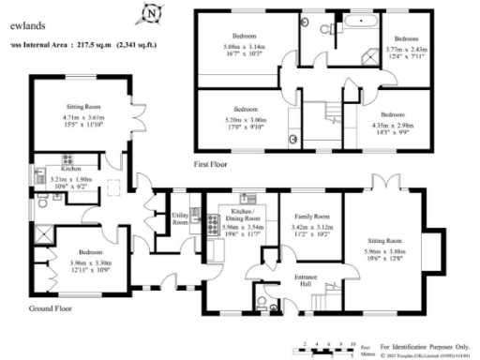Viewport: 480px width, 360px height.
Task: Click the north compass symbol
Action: point(149,14)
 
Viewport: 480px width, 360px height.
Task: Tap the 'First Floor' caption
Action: point(214,162)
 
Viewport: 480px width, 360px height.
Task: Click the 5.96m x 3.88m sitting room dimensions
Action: point(385,231)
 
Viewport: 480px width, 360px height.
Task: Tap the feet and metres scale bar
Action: point(328,345)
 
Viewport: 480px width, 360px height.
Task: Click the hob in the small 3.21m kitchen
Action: point(66,157)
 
